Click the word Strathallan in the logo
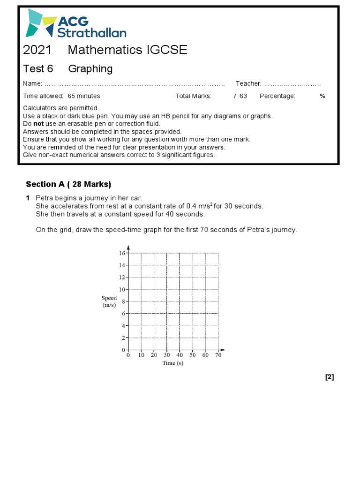[x=92, y=32]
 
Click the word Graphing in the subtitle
[x=90, y=69]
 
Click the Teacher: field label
[x=248, y=83]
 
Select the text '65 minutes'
[x=84, y=96]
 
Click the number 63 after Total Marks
[x=243, y=96]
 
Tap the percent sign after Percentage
[x=322, y=96]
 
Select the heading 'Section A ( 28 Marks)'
[x=68, y=184]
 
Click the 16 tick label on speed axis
[x=122, y=253]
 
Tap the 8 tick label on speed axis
[x=123, y=301]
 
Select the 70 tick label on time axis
[x=218, y=356]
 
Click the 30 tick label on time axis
[x=167, y=356]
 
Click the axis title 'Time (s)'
[x=172, y=363]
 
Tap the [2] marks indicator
[x=329, y=377]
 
